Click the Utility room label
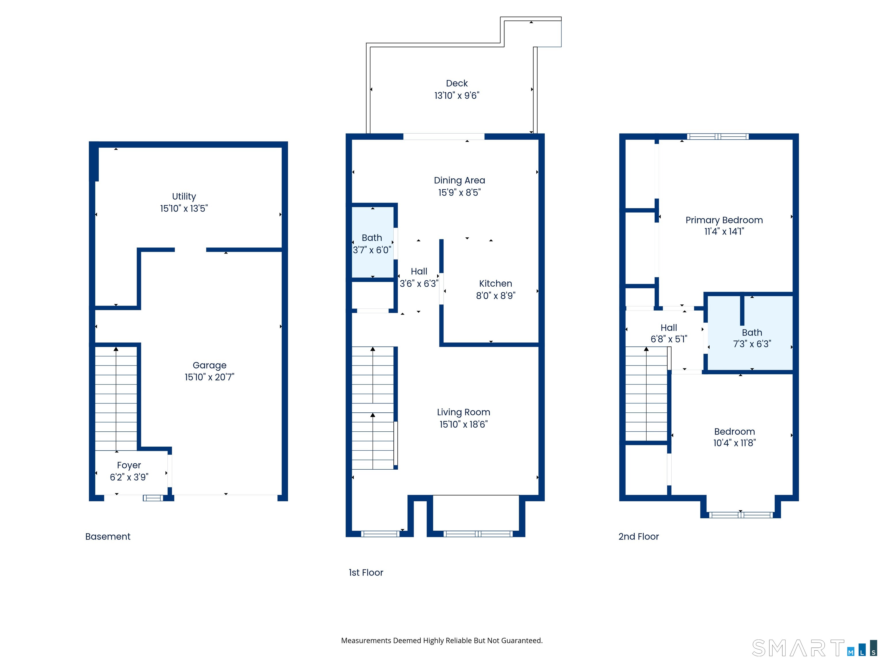(184, 196)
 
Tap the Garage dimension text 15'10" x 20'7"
(209, 377)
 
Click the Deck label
(457, 83)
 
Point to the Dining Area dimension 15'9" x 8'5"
(459, 193)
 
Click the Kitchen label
(496, 283)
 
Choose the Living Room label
(464, 412)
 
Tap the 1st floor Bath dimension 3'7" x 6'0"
(372, 250)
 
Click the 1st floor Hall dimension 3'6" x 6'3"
(419, 283)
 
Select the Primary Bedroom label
(724, 220)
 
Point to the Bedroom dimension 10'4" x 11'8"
(735, 443)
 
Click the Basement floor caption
(108, 536)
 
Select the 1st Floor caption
(366, 572)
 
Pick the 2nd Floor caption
(639, 536)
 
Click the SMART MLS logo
(814, 648)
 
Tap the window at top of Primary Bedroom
(718, 136)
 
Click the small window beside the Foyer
(153, 498)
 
